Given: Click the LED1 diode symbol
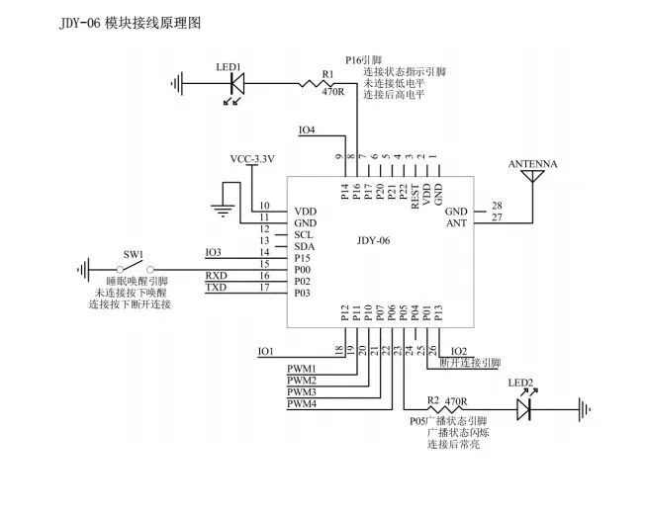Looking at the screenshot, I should [x=235, y=84].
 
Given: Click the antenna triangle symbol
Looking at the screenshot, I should [x=533, y=177].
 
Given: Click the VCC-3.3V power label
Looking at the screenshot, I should [x=252, y=159].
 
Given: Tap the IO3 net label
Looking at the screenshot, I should [x=214, y=252].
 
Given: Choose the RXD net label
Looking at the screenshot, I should [x=216, y=275].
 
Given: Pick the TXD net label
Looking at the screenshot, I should [x=216, y=287].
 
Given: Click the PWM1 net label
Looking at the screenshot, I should [x=302, y=369].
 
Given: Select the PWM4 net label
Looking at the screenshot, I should [x=302, y=404].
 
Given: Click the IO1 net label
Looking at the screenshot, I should [x=265, y=351].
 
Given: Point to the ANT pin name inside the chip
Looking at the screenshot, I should [x=456, y=223].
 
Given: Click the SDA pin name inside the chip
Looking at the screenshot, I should [x=304, y=247].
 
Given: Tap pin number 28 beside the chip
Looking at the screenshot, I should [x=497, y=207].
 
